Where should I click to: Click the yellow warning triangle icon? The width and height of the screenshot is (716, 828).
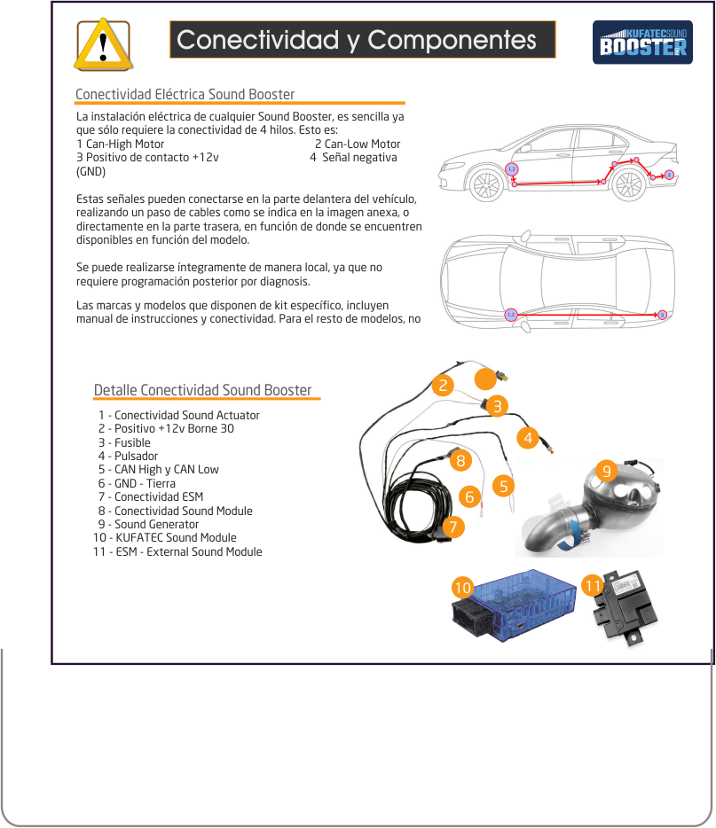[x=104, y=43]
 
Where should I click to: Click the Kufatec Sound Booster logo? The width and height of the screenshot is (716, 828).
[x=643, y=42]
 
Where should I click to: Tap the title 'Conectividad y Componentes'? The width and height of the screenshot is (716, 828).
[x=357, y=40]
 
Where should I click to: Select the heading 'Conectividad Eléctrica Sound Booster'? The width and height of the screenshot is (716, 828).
[x=185, y=95]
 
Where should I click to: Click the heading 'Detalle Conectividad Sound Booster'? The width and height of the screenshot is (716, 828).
[x=202, y=390]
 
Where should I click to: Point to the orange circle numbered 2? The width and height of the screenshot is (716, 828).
[x=442, y=385]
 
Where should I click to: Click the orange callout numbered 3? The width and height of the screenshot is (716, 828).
[x=498, y=406]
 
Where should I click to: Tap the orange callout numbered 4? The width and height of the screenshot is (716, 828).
[x=528, y=437]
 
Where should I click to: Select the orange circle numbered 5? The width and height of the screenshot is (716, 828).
[x=504, y=486]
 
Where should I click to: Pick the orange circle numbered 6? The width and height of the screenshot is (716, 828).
[x=469, y=496]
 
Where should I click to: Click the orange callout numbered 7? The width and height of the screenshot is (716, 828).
[x=453, y=527]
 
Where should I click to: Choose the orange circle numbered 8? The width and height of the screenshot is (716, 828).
[x=460, y=461]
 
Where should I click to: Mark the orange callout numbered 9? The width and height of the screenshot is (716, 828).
[x=606, y=471]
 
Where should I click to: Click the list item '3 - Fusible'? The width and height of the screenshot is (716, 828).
[x=124, y=442]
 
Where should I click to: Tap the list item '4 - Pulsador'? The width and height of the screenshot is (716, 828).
[x=128, y=456]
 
